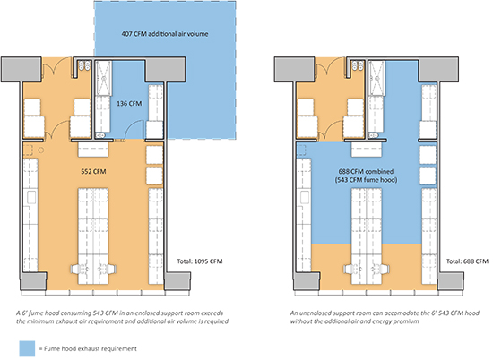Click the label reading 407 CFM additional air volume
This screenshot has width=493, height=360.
(x=165, y=34)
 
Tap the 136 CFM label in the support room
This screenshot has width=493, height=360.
(x=129, y=103)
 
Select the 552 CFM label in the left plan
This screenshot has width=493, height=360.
(x=93, y=172)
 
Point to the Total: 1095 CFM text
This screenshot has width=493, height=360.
(x=200, y=261)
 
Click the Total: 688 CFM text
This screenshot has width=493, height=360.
(x=468, y=261)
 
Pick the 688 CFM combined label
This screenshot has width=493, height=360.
(x=366, y=172)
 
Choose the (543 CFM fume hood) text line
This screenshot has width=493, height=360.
(x=366, y=180)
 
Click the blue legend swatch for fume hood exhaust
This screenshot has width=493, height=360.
(x=27, y=348)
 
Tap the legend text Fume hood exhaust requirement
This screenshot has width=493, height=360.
(x=90, y=348)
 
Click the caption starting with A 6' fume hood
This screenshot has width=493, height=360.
(x=122, y=317)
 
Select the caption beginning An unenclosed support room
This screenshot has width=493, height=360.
(x=385, y=317)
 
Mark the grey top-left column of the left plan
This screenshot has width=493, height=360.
(x=22, y=70)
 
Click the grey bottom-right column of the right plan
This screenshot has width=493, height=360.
(x=451, y=281)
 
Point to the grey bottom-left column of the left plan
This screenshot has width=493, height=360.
(x=33, y=281)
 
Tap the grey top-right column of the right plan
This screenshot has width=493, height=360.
(x=438, y=70)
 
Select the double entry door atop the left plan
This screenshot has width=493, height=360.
(x=56, y=67)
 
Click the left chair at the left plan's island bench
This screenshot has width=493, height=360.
(x=77, y=270)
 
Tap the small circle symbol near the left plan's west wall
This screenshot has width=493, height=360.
(x=41, y=150)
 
